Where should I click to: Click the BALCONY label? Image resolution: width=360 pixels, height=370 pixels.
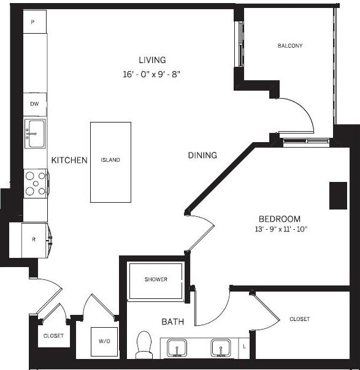pos(289,46)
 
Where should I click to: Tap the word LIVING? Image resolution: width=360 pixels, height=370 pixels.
pos(152,60)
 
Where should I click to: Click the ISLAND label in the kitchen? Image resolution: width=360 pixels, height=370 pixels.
pos(111,160)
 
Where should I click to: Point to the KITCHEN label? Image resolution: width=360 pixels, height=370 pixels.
pos(69,160)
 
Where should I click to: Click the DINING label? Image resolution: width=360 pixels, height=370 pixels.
pos(202,156)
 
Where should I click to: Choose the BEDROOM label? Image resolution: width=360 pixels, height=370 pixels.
pos(279,219)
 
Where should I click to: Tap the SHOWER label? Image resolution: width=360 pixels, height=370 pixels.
pos(156,279)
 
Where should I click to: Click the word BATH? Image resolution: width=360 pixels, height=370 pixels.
pos(173,322)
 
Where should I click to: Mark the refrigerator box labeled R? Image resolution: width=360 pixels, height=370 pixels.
pos(34,239)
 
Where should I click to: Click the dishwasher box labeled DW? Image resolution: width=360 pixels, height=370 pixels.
pos(35,104)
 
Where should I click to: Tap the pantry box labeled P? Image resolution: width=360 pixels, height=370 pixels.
pos(33,22)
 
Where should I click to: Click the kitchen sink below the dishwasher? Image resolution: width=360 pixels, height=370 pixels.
pos(35,133)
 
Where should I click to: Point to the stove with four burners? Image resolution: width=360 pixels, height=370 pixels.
pos(36,183)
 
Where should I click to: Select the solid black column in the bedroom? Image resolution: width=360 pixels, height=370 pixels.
pos(338,195)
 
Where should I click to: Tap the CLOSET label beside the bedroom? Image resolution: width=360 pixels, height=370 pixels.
pos(299,319)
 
